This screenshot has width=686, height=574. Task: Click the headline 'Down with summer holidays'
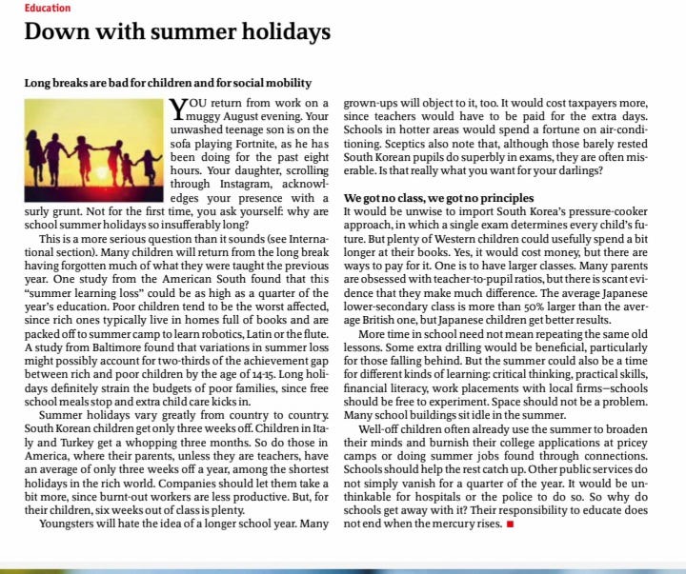pyautogui.click(x=177, y=32)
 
